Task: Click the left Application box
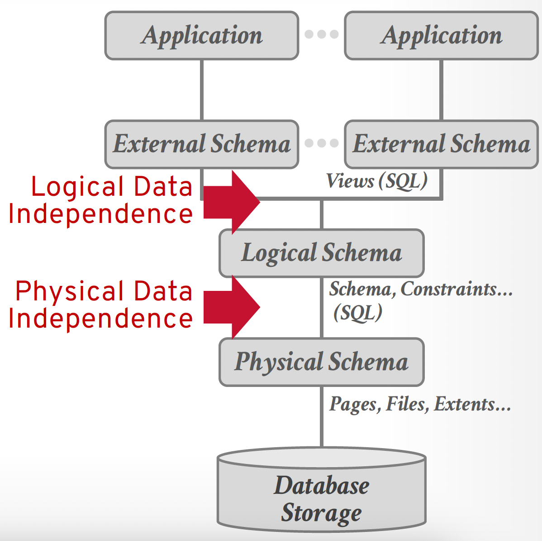[x=201, y=35]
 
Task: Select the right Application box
[x=441, y=35]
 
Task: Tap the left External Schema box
[x=201, y=144]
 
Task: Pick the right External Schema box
[x=441, y=144]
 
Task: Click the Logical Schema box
[x=321, y=253]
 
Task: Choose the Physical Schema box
[x=321, y=362]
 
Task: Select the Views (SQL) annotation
[x=376, y=181]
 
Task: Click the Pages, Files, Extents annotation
[x=420, y=404]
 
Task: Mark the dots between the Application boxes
[x=321, y=34]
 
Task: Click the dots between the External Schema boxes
[x=321, y=143]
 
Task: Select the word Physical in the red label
[x=70, y=291]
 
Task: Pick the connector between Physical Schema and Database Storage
[x=321, y=417]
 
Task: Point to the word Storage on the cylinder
[x=321, y=513]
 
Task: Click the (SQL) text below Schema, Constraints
[x=358, y=313]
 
